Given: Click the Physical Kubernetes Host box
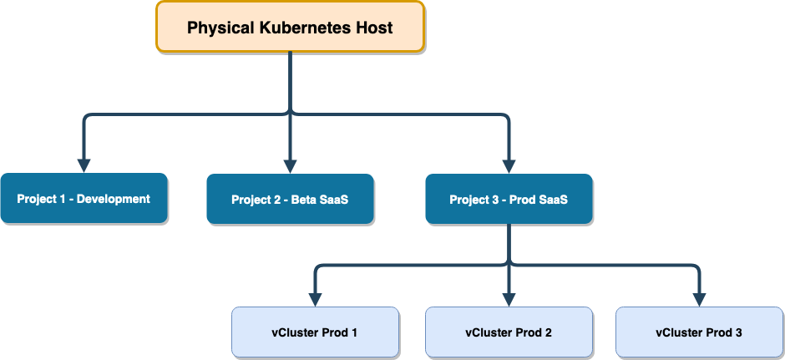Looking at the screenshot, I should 290,27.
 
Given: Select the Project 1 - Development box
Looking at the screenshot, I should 84,199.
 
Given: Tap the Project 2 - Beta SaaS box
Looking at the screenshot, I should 290,200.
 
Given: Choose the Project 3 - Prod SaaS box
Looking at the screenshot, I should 509,200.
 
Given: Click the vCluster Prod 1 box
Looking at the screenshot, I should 316,332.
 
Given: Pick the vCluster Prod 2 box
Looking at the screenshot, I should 509,332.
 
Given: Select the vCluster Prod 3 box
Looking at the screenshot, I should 699,332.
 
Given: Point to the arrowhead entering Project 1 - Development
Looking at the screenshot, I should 84,165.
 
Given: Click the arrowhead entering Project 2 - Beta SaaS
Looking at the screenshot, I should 290,165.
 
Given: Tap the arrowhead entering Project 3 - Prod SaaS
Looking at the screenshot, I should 509,165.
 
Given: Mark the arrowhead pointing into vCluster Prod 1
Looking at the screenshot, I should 316,299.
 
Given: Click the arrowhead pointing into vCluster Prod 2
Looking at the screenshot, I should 509,299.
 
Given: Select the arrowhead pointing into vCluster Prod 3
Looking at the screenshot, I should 699,299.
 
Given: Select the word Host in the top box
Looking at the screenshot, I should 374,28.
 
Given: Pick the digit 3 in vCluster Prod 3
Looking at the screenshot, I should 738,332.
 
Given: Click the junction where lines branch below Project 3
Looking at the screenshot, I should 509,265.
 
